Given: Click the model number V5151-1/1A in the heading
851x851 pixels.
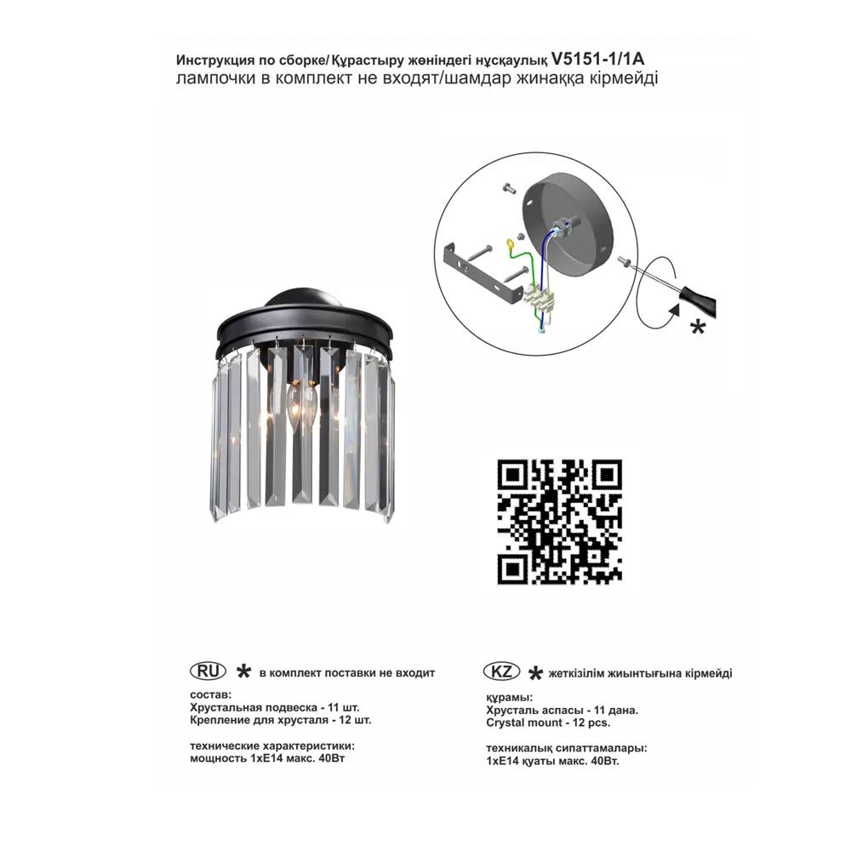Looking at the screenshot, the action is point(597,58).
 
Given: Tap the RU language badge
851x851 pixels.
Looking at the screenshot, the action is point(208,671).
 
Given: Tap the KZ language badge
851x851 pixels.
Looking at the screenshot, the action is point(501,671).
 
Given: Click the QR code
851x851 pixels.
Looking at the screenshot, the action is point(560,522).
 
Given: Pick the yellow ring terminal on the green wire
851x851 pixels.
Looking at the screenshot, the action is point(510,247).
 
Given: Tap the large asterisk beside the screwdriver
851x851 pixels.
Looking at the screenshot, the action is point(698,328).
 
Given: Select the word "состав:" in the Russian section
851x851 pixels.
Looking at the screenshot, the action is point(210,694).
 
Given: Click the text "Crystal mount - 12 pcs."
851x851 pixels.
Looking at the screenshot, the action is point(548,722).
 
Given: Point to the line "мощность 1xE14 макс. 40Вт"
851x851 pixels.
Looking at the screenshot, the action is point(267,758).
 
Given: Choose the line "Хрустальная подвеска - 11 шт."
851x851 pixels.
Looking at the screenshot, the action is point(275,708).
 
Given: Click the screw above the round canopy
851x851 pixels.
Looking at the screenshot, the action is point(510,188).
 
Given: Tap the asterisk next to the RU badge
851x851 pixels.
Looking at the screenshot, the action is point(243,672).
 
